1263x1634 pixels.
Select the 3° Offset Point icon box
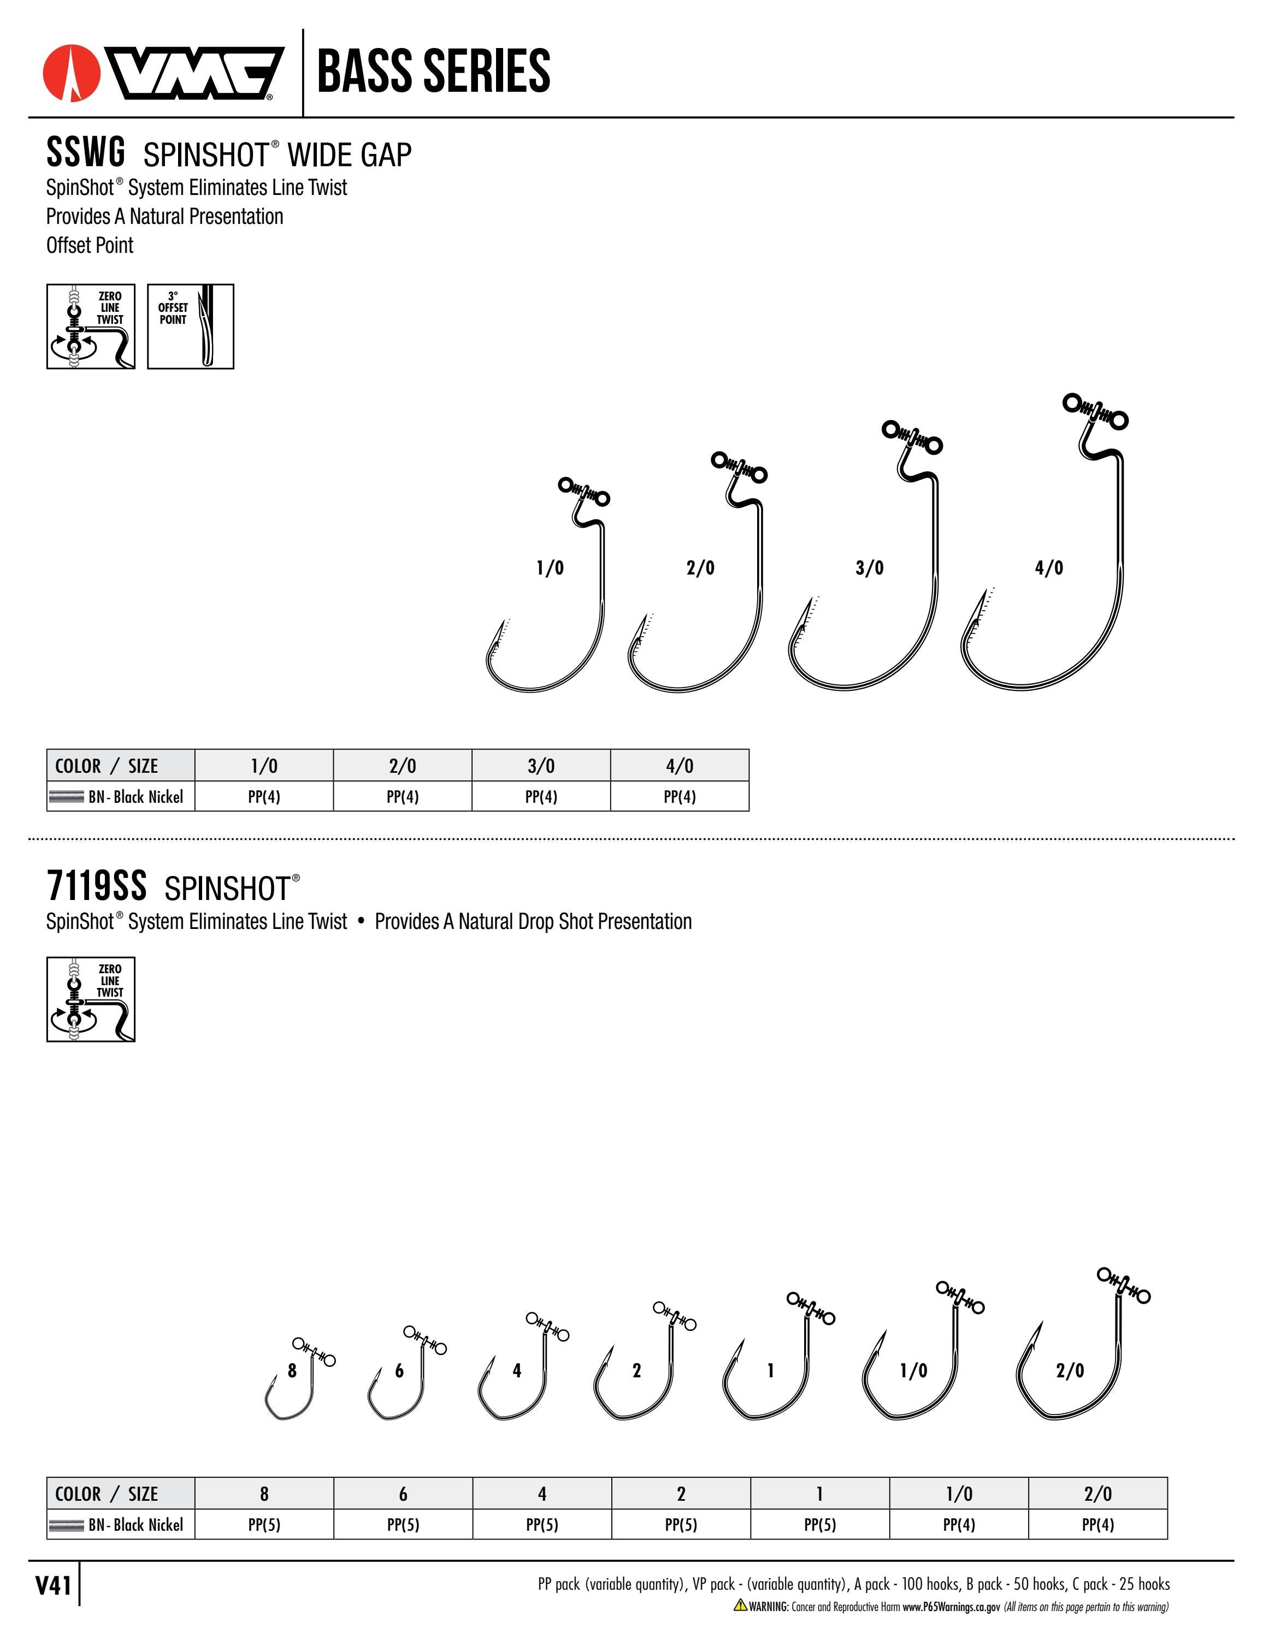coord(191,326)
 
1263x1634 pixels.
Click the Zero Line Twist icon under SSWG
coord(91,326)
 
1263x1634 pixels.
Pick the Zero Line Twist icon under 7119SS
coord(91,999)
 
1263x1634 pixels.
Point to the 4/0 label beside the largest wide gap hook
coord(1049,568)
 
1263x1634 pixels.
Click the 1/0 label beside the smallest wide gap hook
coord(550,568)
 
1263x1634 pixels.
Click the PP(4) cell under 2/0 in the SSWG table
coord(403,797)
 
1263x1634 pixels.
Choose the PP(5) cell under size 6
coord(403,1525)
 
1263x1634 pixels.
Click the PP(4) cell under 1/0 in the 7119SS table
coord(959,1525)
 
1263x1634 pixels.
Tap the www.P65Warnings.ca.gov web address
coord(951,1606)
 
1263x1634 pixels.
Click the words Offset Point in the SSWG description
coord(90,245)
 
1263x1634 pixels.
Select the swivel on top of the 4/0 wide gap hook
coord(1095,411)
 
